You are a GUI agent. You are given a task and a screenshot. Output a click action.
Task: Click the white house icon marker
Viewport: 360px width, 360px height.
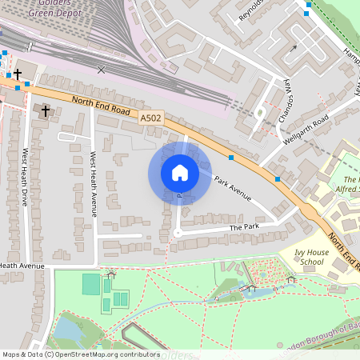(180, 173)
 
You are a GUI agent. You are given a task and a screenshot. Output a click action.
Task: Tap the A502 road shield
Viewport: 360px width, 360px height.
(150, 118)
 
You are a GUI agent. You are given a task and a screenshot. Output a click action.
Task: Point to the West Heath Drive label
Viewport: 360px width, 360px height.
(25, 178)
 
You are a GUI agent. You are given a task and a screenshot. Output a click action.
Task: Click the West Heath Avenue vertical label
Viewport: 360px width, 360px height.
(93, 184)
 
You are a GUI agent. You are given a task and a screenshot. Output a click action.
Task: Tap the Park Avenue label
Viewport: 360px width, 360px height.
(234, 189)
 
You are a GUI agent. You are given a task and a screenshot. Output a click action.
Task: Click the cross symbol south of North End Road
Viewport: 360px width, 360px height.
(46, 110)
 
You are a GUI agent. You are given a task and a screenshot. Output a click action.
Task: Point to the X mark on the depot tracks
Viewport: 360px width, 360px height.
(101, 70)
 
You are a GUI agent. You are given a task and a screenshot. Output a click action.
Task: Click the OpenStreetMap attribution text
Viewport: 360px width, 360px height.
(80, 354)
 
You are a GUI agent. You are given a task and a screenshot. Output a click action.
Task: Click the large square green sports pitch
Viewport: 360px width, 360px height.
(91, 283)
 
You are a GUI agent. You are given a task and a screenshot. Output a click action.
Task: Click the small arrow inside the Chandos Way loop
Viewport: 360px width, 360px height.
(294, 47)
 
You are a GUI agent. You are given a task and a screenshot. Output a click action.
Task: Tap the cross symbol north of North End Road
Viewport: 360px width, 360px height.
(18, 74)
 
